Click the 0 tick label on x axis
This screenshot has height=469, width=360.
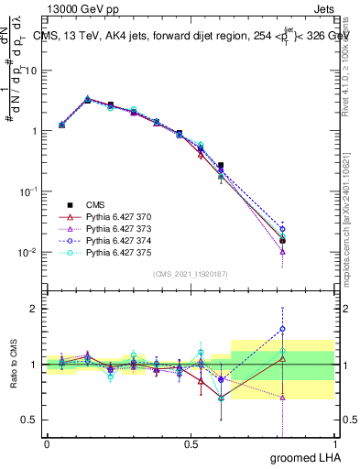pyautogui.click(x=47, y=443)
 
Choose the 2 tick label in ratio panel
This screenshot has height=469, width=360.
pyautogui.click(x=35, y=309)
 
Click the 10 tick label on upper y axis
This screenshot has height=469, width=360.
pyautogui.click(x=31, y=71)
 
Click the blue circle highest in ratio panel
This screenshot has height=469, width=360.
pyautogui.click(x=282, y=329)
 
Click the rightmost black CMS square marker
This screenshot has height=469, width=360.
pyautogui.click(x=282, y=241)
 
